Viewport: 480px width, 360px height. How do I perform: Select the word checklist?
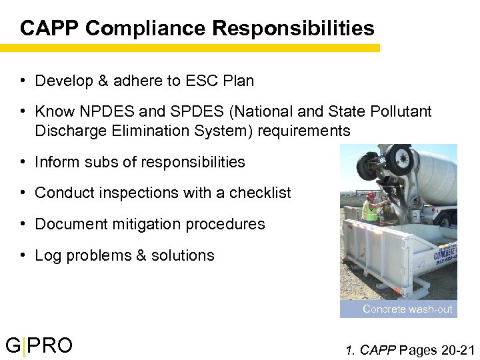(260, 193)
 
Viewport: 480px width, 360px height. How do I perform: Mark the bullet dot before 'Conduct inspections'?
(23, 193)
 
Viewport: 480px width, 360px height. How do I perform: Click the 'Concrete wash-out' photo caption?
(407, 309)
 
